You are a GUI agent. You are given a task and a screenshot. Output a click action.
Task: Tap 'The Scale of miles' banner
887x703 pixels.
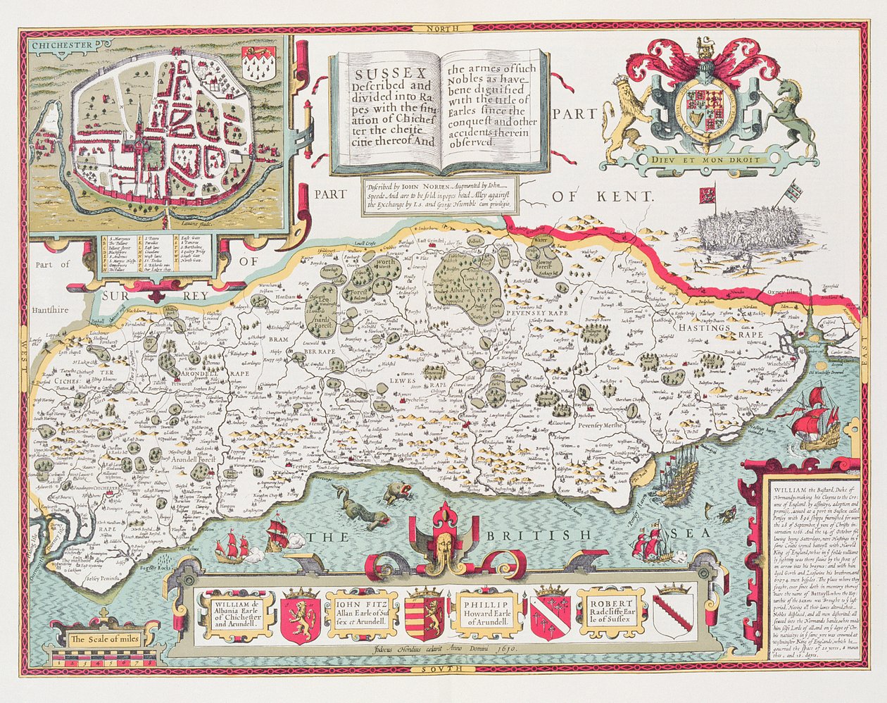[x=106, y=640]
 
